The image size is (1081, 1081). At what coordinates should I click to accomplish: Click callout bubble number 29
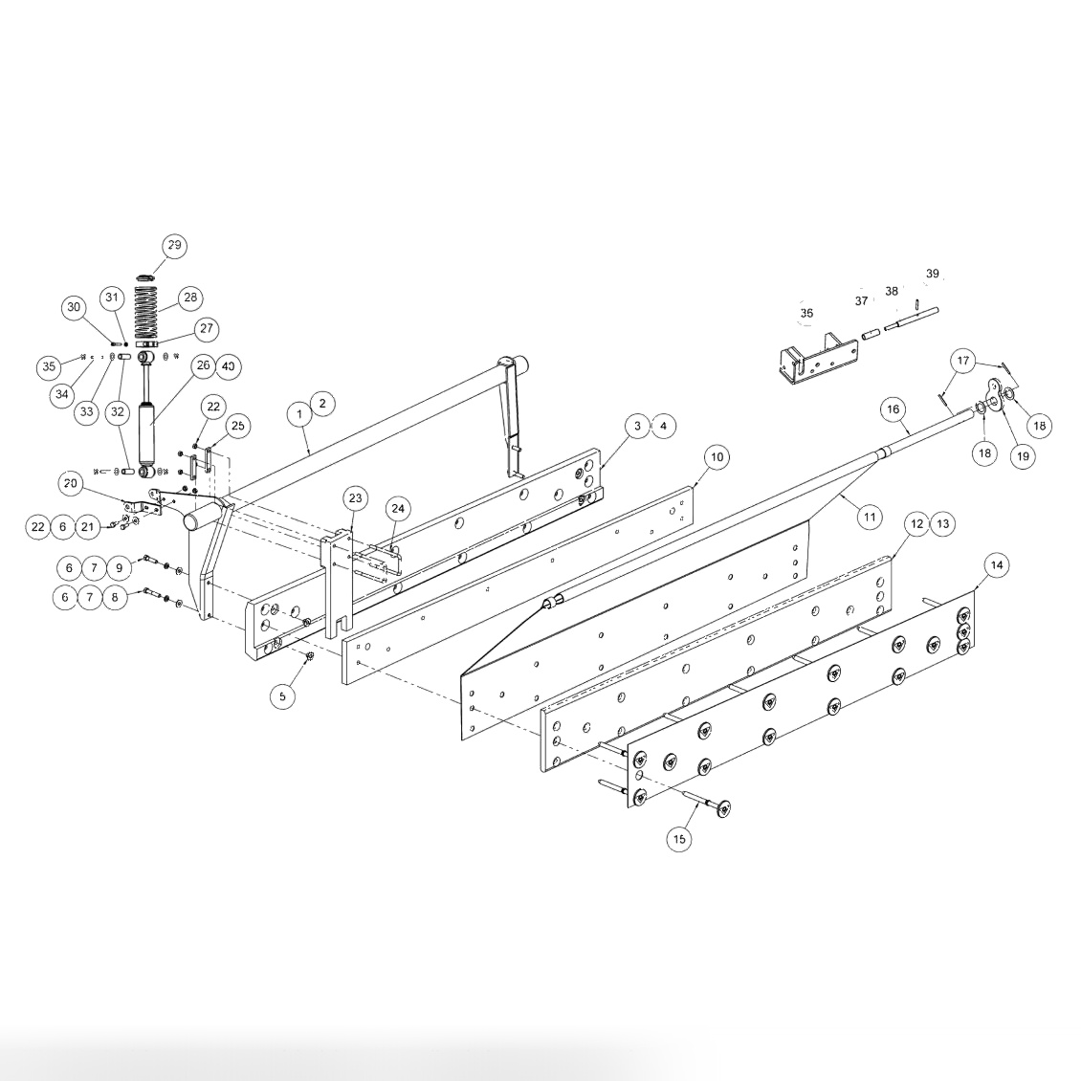coord(174,246)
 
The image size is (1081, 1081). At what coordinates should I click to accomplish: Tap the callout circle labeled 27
coord(206,328)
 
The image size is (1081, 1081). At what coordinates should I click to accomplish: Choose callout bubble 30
coord(74,307)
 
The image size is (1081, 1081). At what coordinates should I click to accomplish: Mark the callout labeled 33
coord(87,412)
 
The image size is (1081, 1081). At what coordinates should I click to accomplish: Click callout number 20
coord(70,484)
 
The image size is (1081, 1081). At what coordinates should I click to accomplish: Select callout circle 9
coord(119,567)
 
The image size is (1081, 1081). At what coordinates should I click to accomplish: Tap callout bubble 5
coord(282,696)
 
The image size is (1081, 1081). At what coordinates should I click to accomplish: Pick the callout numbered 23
coord(355,498)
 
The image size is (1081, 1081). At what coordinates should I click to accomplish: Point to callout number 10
coord(717,457)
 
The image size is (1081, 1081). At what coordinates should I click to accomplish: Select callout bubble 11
coord(869,518)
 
